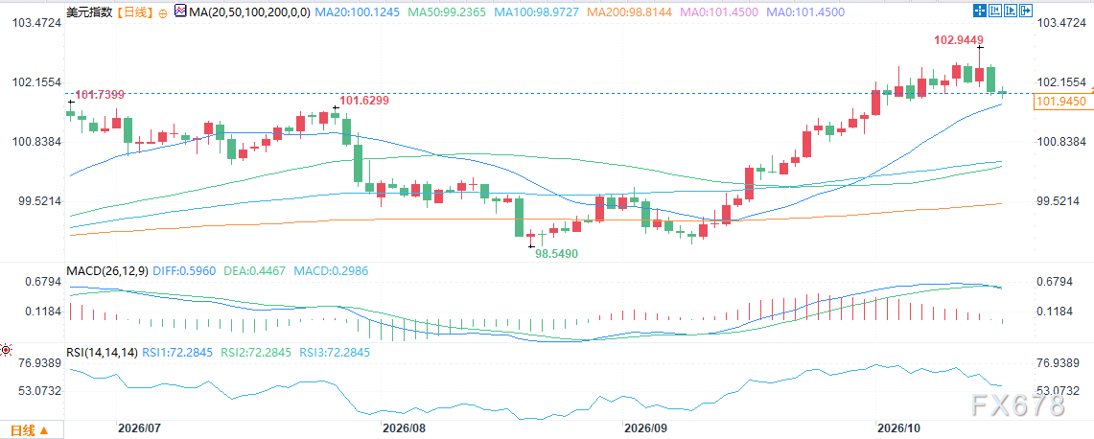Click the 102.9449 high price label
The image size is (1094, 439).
pyautogui.click(x=959, y=40)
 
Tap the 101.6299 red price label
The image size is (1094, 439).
pyautogui.click(x=364, y=101)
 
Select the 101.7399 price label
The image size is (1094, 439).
pyautogui.click(x=99, y=94)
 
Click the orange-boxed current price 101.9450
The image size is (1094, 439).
pyautogui.click(x=1062, y=102)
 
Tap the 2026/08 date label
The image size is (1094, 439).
pyautogui.click(x=404, y=427)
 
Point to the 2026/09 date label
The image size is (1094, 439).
pyautogui.click(x=644, y=427)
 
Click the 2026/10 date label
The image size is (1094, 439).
pyautogui.click(x=900, y=427)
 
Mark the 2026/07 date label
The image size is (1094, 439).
pyautogui.click(x=139, y=427)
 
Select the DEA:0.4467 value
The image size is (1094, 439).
pyautogui.click(x=255, y=270)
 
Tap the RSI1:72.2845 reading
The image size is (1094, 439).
pyautogui.click(x=178, y=353)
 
